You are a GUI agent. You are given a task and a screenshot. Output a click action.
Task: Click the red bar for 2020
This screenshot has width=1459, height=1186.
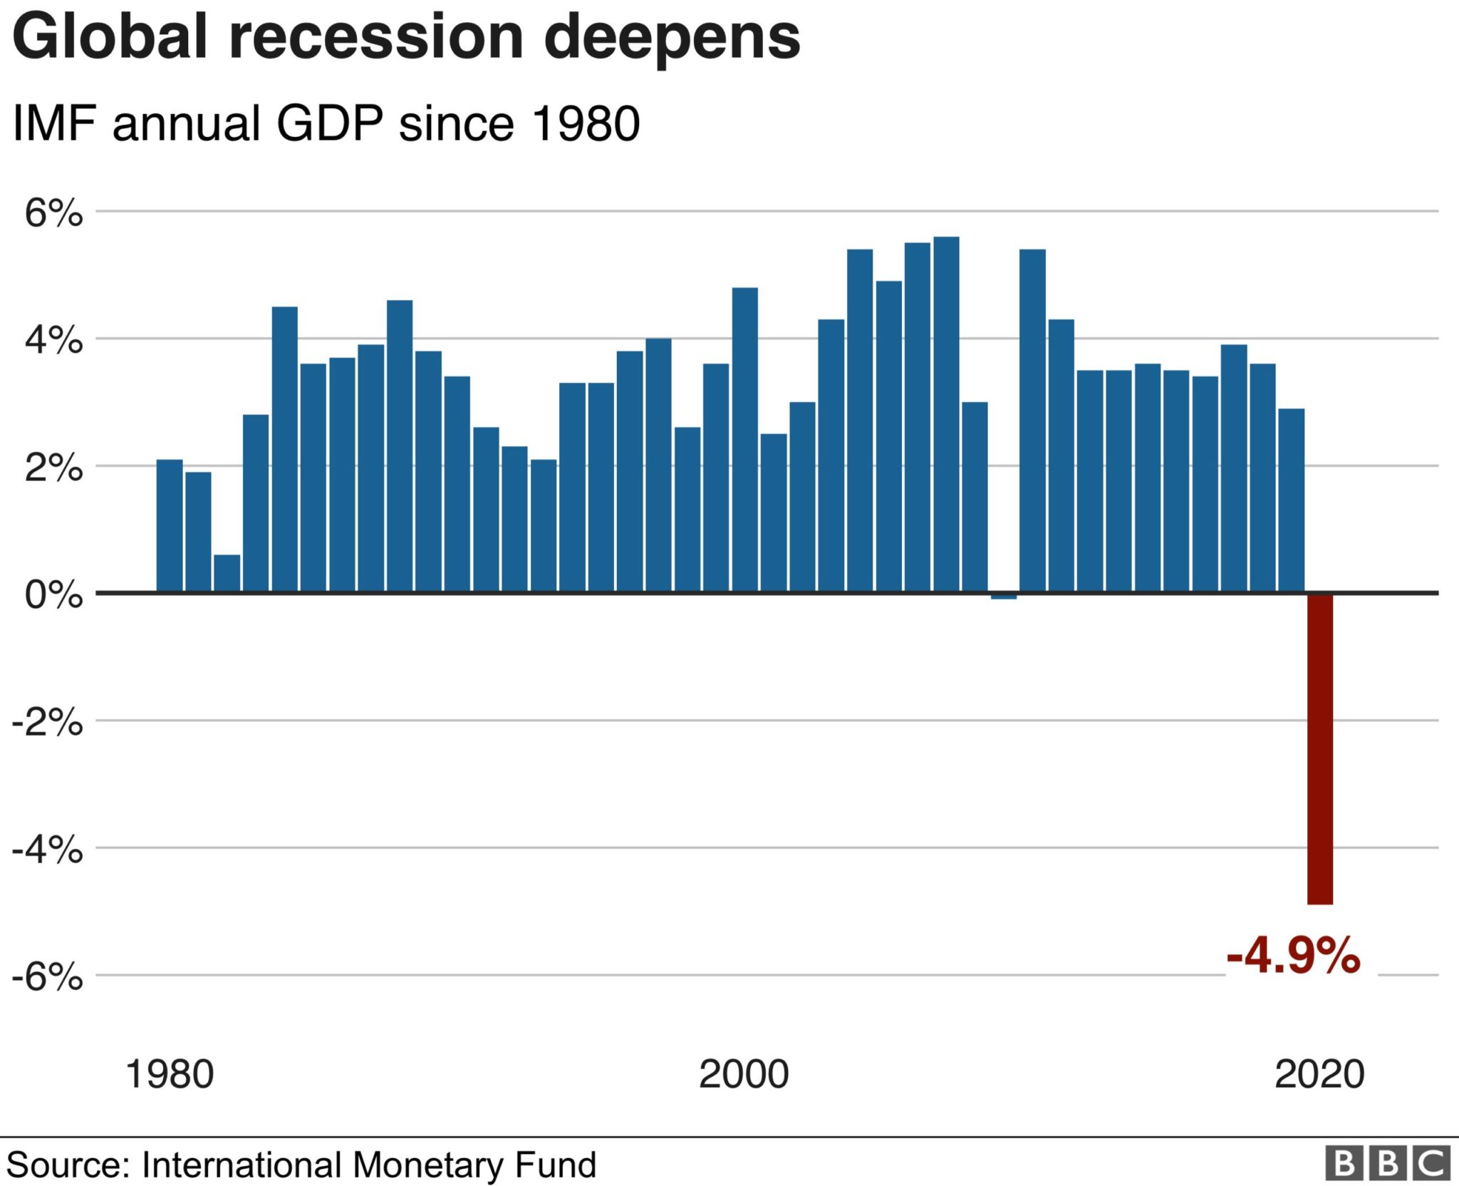[1319, 748]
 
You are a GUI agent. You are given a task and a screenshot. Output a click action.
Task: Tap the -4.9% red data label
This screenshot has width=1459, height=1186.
[1293, 956]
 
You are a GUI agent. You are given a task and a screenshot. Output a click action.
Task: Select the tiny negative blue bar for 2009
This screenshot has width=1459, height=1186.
[1003, 596]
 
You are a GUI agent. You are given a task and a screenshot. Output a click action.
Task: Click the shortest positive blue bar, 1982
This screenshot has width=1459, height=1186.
[227, 573]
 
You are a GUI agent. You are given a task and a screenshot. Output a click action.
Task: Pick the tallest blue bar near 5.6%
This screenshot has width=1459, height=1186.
[946, 413]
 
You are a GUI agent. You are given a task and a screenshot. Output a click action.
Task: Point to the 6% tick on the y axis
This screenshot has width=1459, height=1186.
[54, 212]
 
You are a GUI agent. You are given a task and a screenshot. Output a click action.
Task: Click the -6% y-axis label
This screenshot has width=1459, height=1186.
[47, 976]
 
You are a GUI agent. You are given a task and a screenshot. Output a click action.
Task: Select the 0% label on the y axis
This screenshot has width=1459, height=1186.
[54, 594]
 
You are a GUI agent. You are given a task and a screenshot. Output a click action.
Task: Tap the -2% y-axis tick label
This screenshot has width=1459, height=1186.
[47, 723]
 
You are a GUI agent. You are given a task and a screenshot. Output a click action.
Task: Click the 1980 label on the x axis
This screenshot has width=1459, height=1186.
[169, 1074]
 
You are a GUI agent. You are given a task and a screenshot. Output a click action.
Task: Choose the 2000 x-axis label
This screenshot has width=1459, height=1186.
[744, 1074]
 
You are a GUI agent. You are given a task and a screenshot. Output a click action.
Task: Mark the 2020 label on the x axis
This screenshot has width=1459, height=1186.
[1319, 1074]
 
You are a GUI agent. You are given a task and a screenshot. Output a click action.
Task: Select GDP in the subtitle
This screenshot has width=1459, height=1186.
[329, 123]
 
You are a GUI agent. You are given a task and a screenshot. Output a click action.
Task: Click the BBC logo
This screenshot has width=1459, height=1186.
[1387, 1164]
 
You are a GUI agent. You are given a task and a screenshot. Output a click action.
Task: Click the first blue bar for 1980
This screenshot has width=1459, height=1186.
[170, 526]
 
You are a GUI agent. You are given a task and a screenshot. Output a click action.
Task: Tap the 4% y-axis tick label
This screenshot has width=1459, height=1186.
[54, 341]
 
